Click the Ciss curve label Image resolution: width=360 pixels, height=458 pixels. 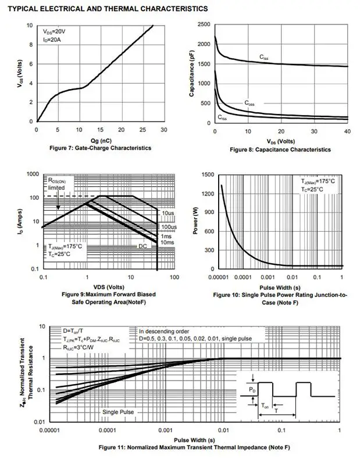click(265, 57)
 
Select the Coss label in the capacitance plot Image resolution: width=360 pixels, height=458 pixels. click(249, 103)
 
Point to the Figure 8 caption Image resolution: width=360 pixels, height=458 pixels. click(280, 150)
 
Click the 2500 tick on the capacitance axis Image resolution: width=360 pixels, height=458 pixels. click(202, 25)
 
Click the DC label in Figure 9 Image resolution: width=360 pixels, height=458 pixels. click(142, 246)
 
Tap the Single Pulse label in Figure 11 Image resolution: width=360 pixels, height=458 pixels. click(118, 412)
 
